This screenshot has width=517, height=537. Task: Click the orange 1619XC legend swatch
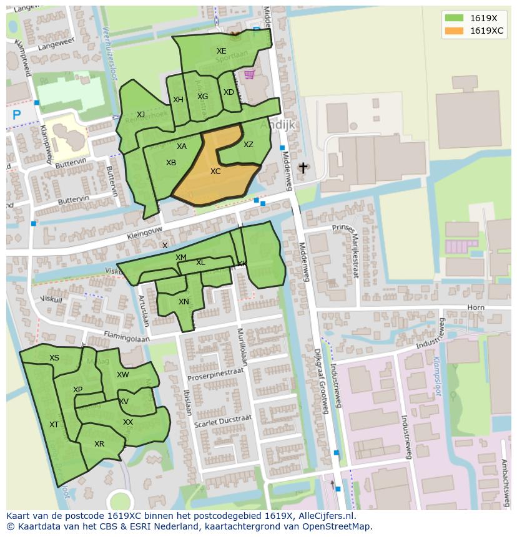pyautogui.click(x=454, y=31)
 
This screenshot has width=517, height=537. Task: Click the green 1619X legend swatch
pyautogui.click(x=454, y=18)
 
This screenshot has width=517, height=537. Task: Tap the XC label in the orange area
pyautogui.click(x=215, y=172)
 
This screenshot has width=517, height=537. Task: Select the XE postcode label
pyautogui.click(x=222, y=51)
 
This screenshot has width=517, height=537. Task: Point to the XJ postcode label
pyautogui.click(x=140, y=115)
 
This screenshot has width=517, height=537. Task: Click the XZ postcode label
pyautogui.click(x=249, y=145)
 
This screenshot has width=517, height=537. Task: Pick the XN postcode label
pyautogui.click(x=184, y=302)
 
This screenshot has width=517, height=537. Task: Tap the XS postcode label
pyautogui.click(x=54, y=358)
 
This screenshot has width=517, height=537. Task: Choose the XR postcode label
pyautogui.click(x=99, y=444)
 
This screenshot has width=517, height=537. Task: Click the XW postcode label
pyautogui.click(x=123, y=375)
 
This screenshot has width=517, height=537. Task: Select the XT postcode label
pyautogui.click(x=54, y=425)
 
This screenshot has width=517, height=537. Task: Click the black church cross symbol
pyautogui.click(x=303, y=168)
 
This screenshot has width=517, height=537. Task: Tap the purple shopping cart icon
pyautogui.click(x=250, y=75)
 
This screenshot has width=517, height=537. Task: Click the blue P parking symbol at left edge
pyautogui.click(x=17, y=115)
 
